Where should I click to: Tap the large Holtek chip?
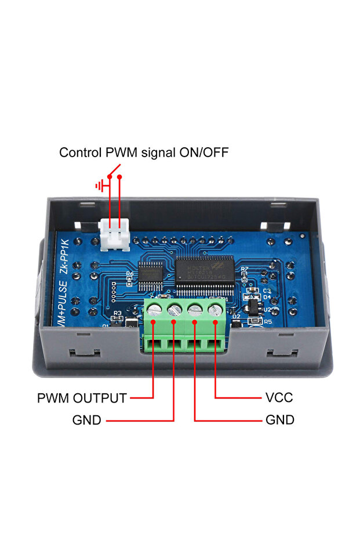(205, 272)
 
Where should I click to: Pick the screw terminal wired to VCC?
(215, 309)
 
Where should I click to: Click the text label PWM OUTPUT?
(82, 398)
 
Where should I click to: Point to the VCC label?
(279, 398)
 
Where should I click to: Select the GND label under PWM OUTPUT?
(87, 420)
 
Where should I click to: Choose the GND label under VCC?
(279, 420)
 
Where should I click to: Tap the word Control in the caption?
(81, 153)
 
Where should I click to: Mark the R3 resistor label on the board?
(117, 313)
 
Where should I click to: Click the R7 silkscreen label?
(245, 269)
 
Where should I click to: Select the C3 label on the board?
(267, 290)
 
